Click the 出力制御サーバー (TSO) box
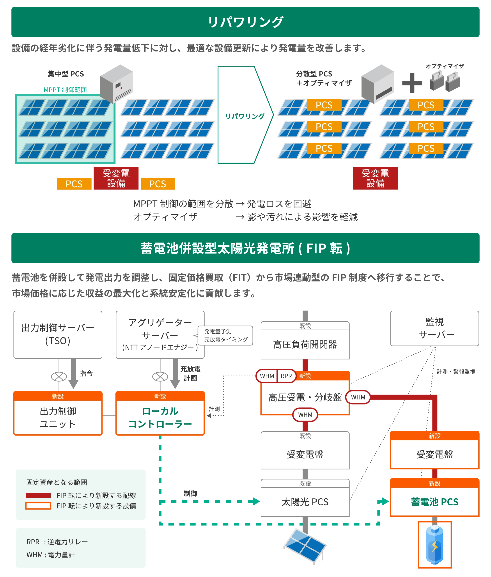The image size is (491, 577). (58, 334)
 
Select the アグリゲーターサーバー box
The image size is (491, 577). (160, 334)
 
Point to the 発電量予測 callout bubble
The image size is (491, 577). (225, 335)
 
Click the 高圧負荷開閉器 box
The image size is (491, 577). (305, 344)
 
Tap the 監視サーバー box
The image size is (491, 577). (434, 328)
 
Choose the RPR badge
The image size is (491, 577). (286, 376)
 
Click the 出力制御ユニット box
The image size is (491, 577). (58, 417)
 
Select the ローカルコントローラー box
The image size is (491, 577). (160, 417)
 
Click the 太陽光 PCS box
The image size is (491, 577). (305, 502)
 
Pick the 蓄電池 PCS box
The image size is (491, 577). (434, 502)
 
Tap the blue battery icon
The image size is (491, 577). (434, 545)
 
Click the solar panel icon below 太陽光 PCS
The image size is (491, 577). (305, 545)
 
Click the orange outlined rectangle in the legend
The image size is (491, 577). (38, 506)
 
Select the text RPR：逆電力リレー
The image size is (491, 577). (57, 542)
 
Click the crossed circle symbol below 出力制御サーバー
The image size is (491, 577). (59, 377)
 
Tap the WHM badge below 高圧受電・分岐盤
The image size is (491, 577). (305, 415)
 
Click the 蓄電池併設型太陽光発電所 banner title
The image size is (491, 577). (245, 248)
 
